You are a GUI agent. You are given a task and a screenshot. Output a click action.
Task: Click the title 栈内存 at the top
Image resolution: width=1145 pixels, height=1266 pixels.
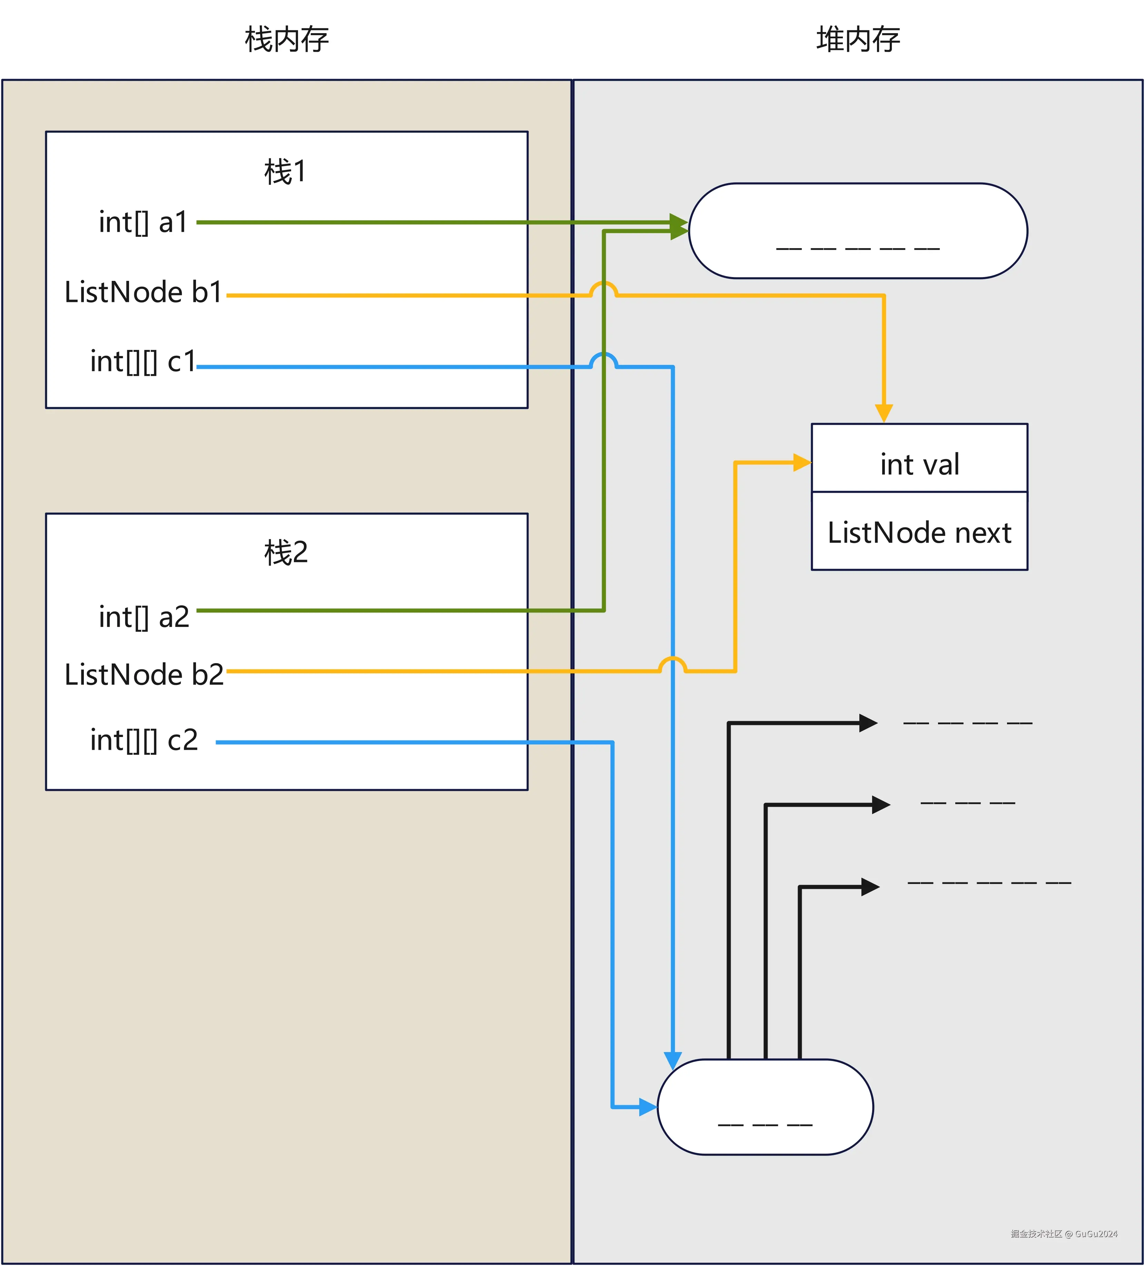[287, 40]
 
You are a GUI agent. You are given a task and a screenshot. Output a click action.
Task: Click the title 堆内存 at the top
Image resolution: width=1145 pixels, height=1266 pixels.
[858, 40]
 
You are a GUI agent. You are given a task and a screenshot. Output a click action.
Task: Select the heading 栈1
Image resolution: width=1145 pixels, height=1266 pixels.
[286, 171]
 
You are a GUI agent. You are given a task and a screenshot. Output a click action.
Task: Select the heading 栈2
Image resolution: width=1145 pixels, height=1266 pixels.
[286, 553]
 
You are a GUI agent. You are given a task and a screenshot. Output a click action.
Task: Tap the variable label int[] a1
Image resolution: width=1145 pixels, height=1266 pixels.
[143, 222]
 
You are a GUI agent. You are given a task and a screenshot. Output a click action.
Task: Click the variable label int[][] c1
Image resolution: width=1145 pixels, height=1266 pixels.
[143, 362]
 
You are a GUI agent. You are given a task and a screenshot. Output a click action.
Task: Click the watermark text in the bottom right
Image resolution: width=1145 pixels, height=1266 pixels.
[1064, 1233]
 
